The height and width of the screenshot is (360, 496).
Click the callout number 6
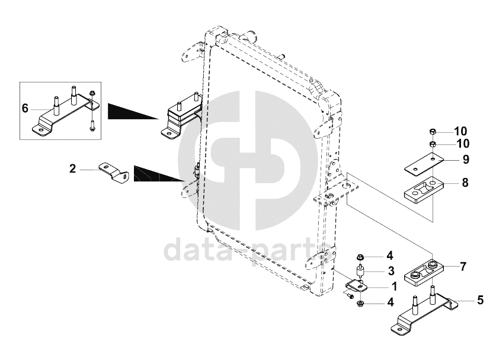(25, 109)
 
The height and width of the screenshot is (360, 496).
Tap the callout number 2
(72, 169)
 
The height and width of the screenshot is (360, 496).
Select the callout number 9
(465, 160)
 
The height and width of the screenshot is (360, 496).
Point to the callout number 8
(465, 183)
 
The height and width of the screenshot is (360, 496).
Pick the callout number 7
(463, 266)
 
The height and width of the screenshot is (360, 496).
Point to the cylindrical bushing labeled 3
(360, 274)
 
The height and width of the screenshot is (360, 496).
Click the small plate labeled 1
(357, 287)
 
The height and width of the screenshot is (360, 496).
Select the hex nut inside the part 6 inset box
(93, 94)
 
